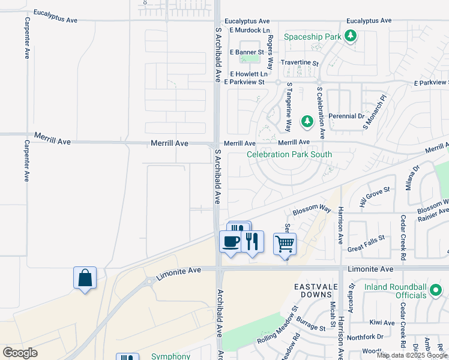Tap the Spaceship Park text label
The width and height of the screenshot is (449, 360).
[x=312, y=37]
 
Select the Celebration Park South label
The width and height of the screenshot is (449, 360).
[x=289, y=154]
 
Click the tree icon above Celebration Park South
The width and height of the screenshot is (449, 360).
[x=307, y=122]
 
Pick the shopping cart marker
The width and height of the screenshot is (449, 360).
[x=285, y=244]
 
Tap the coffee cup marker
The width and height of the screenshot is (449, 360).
[x=231, y=242]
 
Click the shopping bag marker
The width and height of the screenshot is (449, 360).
[x=85, y=278]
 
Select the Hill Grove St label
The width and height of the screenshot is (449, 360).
[x=375, y=196]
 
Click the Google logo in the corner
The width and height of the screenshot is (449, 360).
[x=20, y=352]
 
